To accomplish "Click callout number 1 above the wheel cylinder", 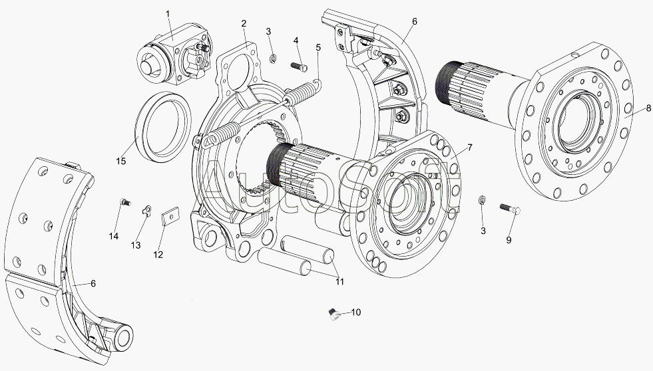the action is [168, 14].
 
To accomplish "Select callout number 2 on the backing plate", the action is [244, 23].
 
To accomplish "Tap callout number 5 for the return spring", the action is [318, 47].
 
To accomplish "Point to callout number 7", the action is [470, 147].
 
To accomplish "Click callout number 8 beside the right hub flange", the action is [648, 108].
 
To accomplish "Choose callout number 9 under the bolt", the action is [509, 240].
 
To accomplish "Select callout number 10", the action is [355, 312].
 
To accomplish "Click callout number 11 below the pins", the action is [340, 282].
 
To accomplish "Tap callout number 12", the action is [158, 255].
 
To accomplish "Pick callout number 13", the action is [136, 245].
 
